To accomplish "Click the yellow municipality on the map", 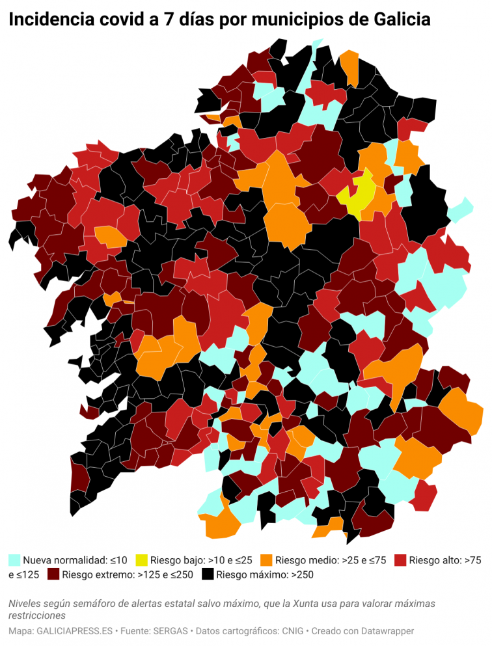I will coord(360,194).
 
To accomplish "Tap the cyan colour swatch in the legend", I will coord(14,559).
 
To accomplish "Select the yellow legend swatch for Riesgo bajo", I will coord(141,559).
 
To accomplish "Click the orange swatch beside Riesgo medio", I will coord(266,559).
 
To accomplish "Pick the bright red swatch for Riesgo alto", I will coord(400,559).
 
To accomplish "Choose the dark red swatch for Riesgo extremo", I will coord(53,574).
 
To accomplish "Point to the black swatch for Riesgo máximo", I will coord(208,574).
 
